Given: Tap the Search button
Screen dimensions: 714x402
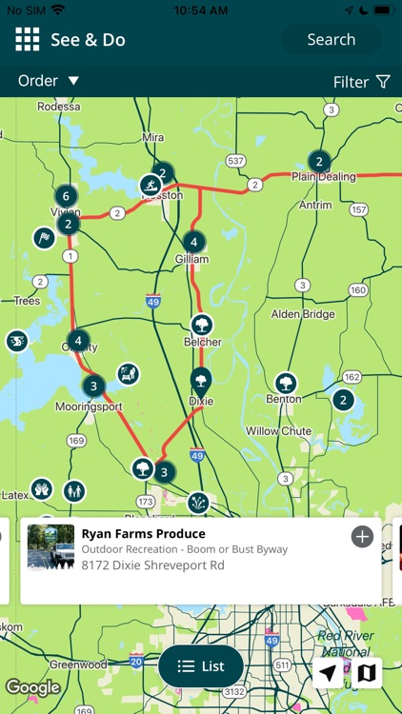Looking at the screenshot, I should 331,40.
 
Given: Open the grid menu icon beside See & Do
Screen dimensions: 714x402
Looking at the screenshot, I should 27,39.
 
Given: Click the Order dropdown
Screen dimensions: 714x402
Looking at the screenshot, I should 48,81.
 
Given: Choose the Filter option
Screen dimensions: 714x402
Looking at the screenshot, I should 362,82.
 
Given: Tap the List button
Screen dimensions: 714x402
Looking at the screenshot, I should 201,666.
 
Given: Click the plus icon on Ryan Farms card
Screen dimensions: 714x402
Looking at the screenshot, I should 362,537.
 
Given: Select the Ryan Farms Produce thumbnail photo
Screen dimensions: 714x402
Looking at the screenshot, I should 51,546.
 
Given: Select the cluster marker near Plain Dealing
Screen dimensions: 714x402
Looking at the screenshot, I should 319,161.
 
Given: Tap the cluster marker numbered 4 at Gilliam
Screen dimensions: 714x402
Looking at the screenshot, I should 193,242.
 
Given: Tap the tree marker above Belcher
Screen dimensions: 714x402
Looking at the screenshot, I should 202,325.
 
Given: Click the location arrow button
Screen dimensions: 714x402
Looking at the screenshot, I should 328,673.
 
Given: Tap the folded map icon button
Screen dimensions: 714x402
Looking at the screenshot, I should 367,673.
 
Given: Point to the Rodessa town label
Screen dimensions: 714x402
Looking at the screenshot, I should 58,108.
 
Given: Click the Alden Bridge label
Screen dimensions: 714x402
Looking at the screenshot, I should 303,314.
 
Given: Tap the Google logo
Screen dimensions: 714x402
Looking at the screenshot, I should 32,687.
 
